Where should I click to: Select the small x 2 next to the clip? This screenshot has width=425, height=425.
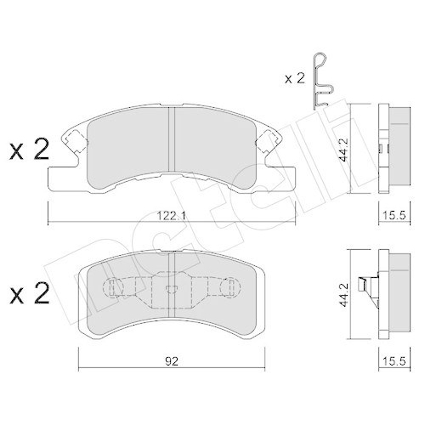click(295, 79)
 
